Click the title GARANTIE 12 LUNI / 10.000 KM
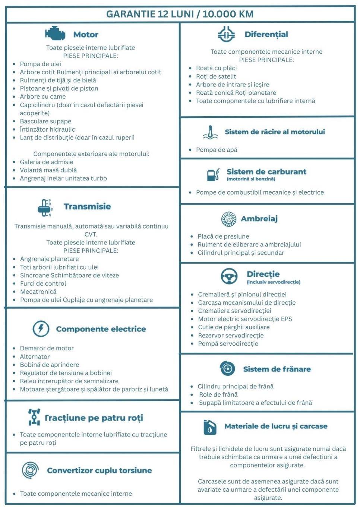point(180,14)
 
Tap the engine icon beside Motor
point(55,34)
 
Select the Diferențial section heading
point(266,34)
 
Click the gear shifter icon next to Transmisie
point(45,207)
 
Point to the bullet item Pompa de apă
point(217,150)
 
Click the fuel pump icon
point(213,174)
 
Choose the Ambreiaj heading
point(259,219)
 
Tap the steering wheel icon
point(229,276)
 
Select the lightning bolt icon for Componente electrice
point(41,328)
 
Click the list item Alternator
point(35,356)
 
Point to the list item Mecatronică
point(38,292)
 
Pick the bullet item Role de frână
point(218,394)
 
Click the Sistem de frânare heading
point(277,369)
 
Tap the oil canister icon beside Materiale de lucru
point(210,427)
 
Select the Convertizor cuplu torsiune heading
point(99,470)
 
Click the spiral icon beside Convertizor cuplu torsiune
point(30,470)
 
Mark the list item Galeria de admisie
point(47,162)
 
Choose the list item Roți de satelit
point(216,76)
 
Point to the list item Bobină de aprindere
point(50,365)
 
